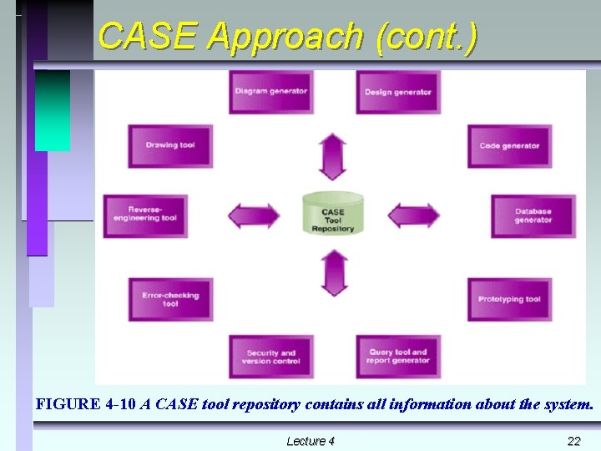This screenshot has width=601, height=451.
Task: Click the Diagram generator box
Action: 271,92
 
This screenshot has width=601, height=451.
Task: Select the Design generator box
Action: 398,92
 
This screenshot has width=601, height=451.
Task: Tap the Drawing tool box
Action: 170,146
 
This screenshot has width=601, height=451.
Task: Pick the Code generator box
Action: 509,146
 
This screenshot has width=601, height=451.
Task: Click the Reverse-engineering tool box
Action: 145,215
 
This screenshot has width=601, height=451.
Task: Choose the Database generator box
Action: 533,216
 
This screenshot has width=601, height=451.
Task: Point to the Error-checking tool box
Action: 170,299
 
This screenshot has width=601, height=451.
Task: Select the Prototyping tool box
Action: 509,299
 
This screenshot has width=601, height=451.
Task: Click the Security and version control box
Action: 271,357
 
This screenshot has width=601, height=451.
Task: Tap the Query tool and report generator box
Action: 398,357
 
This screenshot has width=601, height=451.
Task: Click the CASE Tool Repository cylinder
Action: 333,215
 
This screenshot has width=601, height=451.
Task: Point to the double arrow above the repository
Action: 333,156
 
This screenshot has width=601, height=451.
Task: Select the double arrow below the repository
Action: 334,272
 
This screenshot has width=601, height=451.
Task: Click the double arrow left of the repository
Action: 255,215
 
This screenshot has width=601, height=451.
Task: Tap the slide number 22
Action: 573,441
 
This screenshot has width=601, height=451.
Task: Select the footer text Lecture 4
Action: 311,441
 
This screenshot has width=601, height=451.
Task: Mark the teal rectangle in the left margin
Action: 52,110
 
